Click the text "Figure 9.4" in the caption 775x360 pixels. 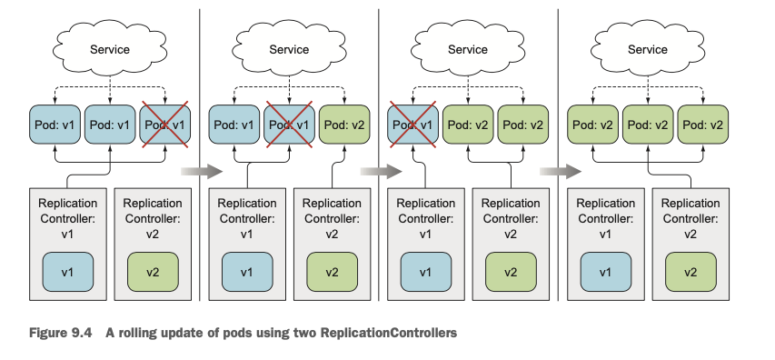(x=61, y=333)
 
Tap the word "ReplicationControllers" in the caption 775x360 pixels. (x=389, y=333)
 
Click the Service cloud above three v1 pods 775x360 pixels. (x=110, y=49)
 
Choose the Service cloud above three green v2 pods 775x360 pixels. (x=648, y=49)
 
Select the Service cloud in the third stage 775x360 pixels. (x=468, y=49)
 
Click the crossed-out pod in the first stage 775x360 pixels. (x=165, y=125)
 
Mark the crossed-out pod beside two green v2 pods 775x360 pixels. (x=412, y=125)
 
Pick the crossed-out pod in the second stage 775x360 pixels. (x=289, y=125)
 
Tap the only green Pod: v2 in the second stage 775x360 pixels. (x=344, y=125)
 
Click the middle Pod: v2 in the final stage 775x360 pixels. (x=648, y=125)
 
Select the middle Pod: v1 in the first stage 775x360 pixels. (x=110, y=125)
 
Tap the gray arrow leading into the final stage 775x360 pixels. (x=561, y=172)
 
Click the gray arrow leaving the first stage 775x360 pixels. (x=202, y=172)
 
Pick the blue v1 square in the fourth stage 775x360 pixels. (x=605, y=272)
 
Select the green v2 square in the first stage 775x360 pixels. (x=153, y=272)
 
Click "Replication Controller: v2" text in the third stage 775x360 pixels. (x=510, y=218)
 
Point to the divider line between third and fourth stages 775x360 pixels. (x=558, y=155)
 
